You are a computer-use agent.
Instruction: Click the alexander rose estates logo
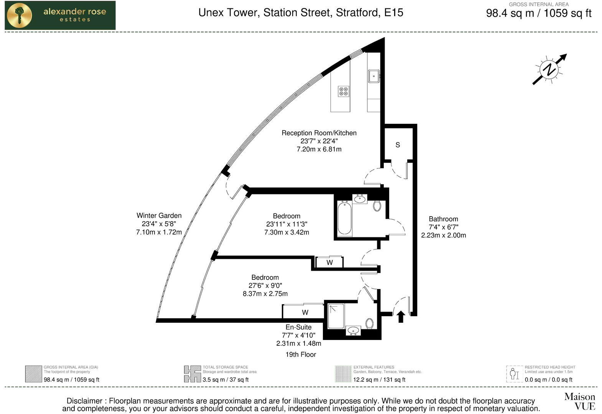point(60,15)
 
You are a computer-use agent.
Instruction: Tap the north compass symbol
point(549,69)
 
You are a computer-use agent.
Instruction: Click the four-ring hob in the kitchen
point(344,91)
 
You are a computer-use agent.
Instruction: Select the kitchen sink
point(373,76)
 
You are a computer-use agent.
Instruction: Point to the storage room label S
point(398,145)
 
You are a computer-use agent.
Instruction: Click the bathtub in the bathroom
point(344,219)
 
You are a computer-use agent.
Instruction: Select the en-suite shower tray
point(336,316)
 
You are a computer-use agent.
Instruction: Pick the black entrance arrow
point(401,317)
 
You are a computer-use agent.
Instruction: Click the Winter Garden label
point(159,215)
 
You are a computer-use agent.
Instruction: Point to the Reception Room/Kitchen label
point(319,133)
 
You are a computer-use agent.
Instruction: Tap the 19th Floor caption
point(301,355)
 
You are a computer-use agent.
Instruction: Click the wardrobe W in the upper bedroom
point(329,262)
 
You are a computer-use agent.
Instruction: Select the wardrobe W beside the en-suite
point(305,312)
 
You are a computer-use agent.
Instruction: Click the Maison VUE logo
point(579,401)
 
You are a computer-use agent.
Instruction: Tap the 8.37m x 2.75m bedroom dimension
point(265,294)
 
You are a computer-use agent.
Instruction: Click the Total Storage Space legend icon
point(192,374)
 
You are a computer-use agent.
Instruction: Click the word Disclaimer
point(84,401)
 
